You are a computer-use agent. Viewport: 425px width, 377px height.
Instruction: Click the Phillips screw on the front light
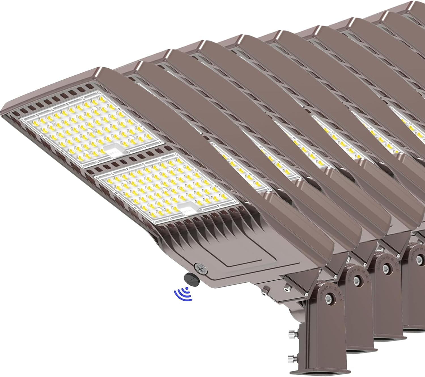click(x=198, y=267)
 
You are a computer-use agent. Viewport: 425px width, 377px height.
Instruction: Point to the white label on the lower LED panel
click(x=187, y=209)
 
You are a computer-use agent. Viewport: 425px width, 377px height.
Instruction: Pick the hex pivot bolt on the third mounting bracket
click(x=385, y=267)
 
